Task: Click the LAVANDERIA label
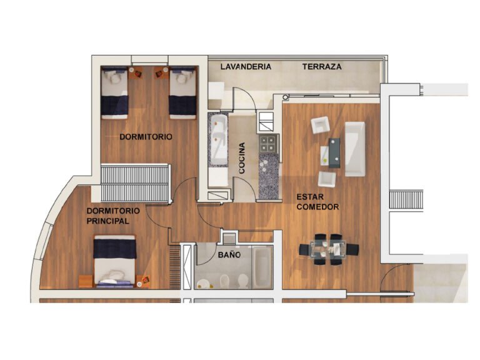pos(246,66)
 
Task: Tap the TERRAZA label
pos(322,66)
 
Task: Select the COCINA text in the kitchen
pos(242,158)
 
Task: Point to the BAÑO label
pos(229,254)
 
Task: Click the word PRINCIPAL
pos(107,221)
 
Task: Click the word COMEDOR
pos(317,207)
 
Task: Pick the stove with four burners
pos(269,144)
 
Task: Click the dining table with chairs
pos(329,249)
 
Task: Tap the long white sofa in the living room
pos(355,149)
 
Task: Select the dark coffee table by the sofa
pos(334,152)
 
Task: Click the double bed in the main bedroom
pos(114,261)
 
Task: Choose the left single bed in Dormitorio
pos(114,92)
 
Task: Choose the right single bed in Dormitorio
pos(182,92)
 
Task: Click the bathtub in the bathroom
pos(262,267)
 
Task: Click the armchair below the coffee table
pos(327,179)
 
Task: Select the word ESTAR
pos(310,197)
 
